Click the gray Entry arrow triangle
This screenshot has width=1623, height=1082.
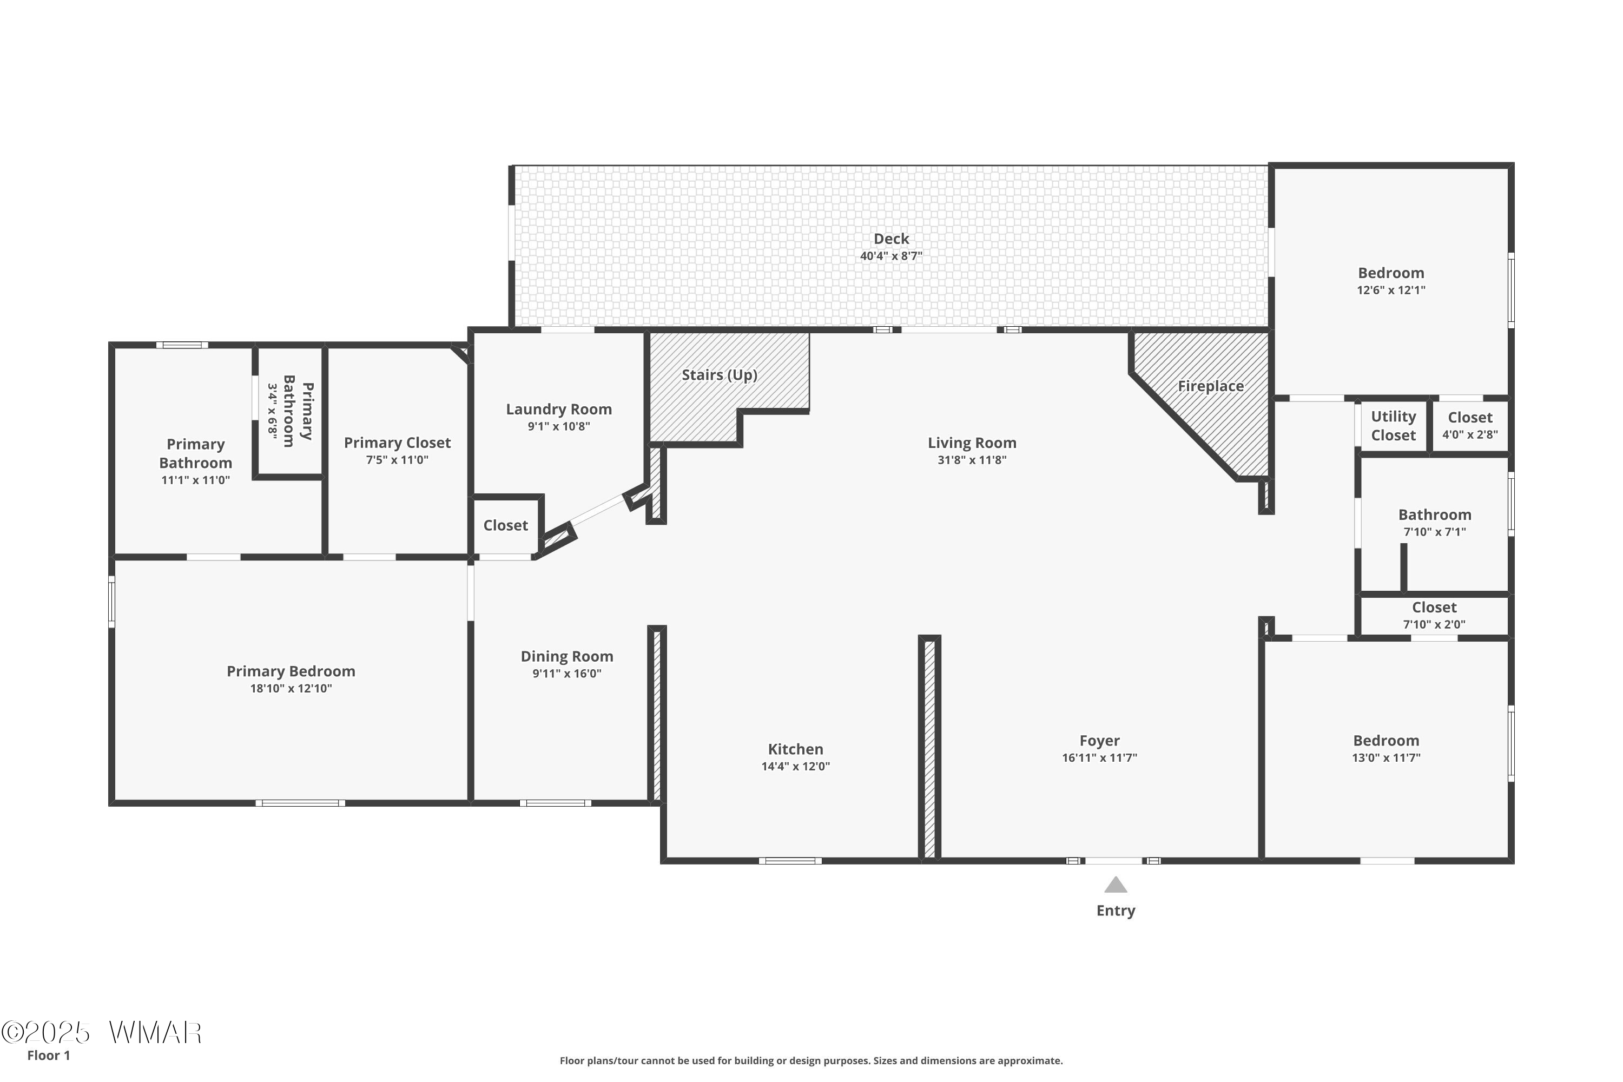[1116, 885]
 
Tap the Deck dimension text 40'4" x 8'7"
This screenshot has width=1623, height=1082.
[891, 256]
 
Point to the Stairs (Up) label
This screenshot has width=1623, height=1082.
[720, 375]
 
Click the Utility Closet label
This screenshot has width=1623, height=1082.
[1393, 426]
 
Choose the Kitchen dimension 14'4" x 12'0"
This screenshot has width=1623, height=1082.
[796, 767]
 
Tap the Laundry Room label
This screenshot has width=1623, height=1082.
[559, 409]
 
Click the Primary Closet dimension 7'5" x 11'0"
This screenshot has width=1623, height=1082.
[398, 460]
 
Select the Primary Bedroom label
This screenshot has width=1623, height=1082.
[291, 671]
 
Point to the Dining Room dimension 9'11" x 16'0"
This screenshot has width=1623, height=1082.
[566, 674]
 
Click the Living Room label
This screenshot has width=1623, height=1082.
[972, 443]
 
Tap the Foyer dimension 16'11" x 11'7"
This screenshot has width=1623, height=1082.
[1099, 758]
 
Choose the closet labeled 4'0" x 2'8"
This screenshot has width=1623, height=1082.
[1470, 426]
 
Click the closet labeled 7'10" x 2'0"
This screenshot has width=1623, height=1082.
[1434, 616]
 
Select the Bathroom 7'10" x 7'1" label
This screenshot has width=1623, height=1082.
[1435, 523]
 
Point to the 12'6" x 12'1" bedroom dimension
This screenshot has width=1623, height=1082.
[1391, 291]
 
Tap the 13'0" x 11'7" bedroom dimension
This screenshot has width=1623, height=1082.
[1386, 758]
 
